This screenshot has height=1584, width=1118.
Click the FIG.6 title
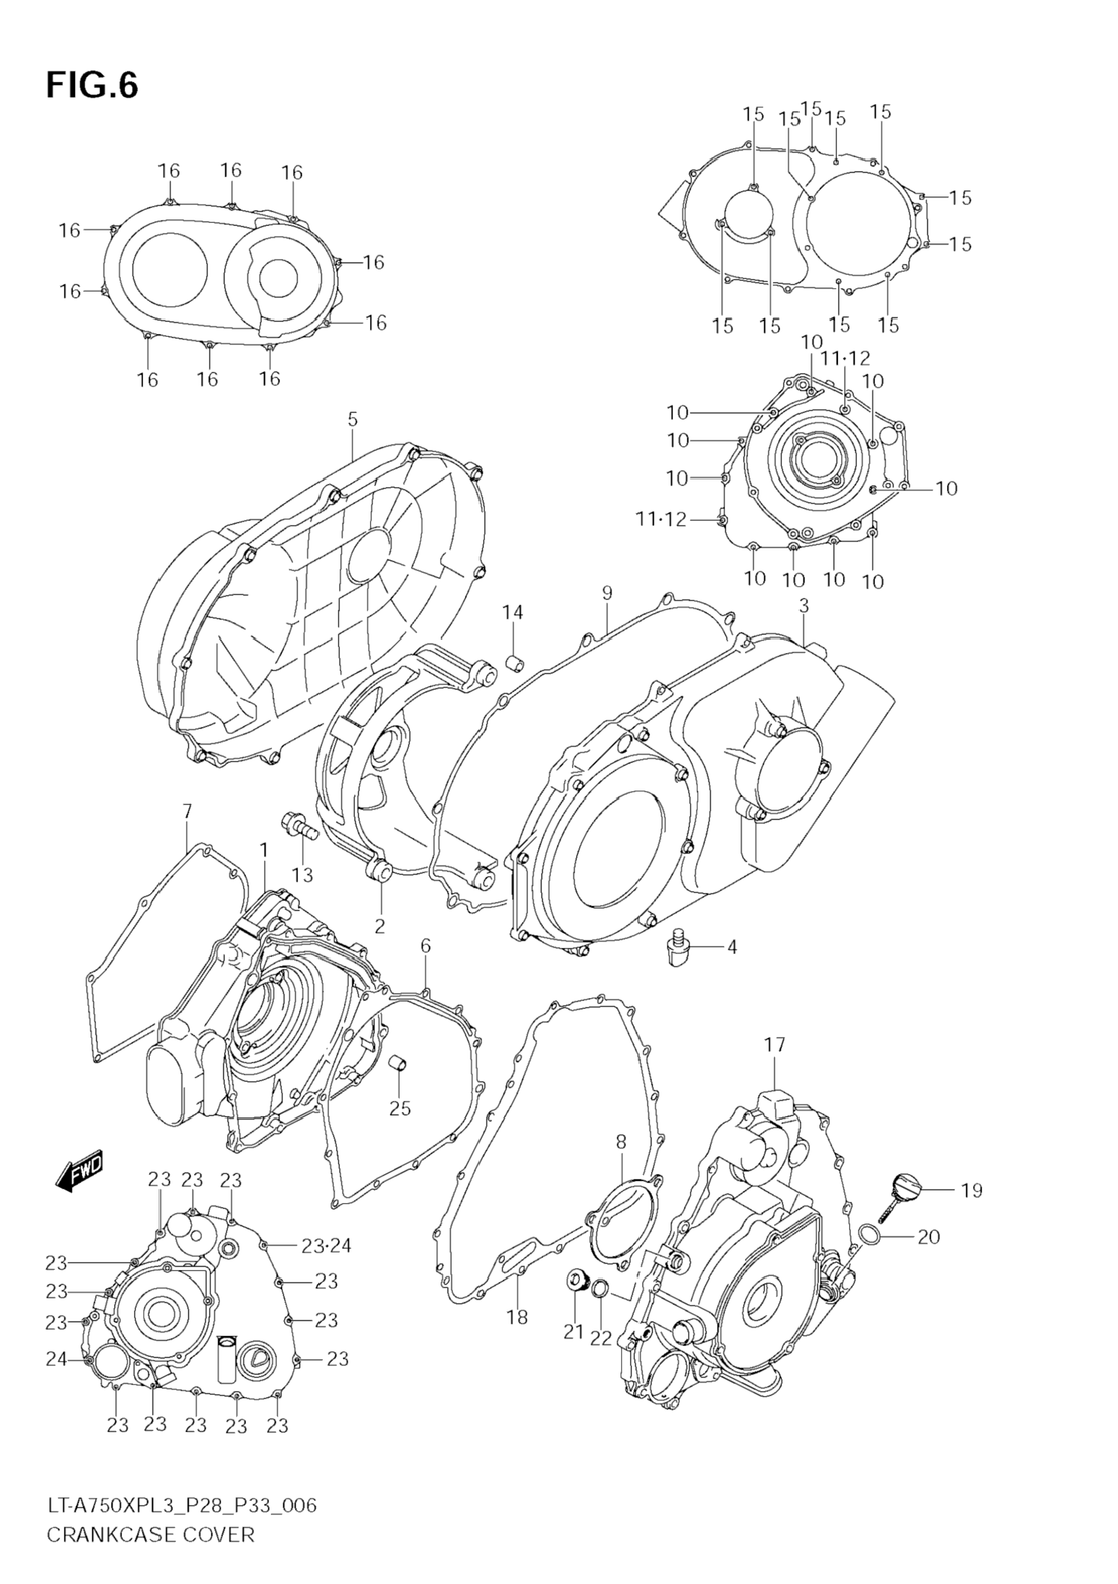click(x=92, y=86)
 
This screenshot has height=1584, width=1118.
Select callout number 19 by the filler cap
click(x=971, y=1191)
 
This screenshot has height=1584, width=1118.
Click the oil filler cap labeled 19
click(x=904, y=1186)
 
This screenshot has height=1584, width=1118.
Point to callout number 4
click(x=731, y=947)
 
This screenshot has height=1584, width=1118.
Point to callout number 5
click(x=352, y=419)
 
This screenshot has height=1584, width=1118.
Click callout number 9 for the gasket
click(x=607, y=593)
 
